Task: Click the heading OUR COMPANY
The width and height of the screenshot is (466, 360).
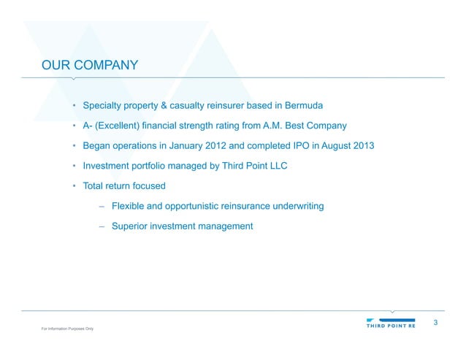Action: tap(90, 66)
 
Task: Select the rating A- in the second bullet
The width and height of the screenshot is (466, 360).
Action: tap(88, 126)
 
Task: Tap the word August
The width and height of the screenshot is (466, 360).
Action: tap(331, 145)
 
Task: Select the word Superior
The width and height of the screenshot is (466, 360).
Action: tap(131, 226)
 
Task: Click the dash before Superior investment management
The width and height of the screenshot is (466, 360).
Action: tap(102, 226)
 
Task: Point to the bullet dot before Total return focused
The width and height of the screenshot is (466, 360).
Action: tap(75, 185)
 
